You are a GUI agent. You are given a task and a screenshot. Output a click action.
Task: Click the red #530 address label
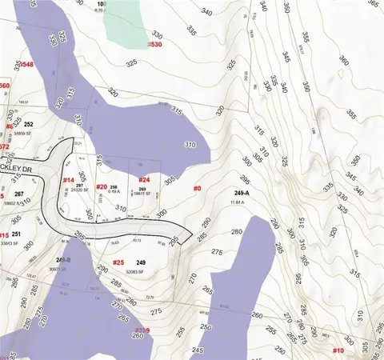pyautogui.click(x=154, y=45)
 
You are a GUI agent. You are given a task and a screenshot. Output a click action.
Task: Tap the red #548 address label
pyautogui.click(x=26, y=64)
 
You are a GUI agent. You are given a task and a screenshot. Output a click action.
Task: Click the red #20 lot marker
pyautogui.click(x=102, y=186)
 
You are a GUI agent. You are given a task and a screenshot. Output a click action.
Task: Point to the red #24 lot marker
pyautogui.click(x=145, y=180)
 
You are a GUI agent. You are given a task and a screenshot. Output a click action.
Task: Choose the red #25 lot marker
pyautogui.click(x=118, y=262)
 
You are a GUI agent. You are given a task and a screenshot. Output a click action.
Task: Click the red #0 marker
pyautogui.click(x=198, y=188)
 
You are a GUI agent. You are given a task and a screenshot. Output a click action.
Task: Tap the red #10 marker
pyautogui.click(x=338, y=350)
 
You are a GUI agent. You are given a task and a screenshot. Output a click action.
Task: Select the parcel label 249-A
pyautogui.click(x=243, y=194)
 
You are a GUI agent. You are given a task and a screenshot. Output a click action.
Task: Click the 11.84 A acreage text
pyautogui.click(x=238, y=202)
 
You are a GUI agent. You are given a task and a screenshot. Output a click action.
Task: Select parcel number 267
pyautogui.click(x=18, y=194)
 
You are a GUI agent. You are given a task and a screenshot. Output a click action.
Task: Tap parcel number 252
pyautogui.click(x=28, y=125)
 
